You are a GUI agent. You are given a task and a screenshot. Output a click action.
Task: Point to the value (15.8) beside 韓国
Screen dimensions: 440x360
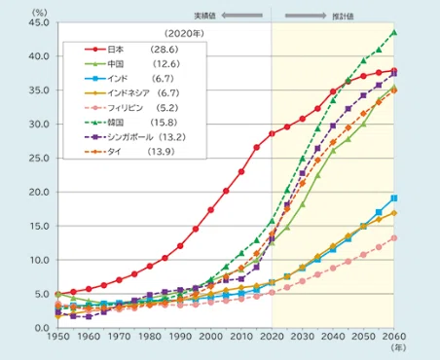[164, 123]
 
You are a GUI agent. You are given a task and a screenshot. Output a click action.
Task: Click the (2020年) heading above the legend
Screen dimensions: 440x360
[184, 33]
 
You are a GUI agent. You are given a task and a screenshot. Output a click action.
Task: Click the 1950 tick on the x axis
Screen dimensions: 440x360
[58, 337]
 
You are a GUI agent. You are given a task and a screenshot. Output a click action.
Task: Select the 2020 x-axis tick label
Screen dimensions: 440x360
[272, 337]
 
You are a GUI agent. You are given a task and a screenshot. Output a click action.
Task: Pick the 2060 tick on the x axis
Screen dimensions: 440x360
[394, 337]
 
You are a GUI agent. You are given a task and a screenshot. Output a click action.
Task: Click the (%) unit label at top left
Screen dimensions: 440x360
[40, 13]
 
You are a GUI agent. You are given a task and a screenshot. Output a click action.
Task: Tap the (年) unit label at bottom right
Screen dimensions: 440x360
[398, 347]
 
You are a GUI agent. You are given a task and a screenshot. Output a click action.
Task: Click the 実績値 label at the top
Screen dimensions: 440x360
[205, 16]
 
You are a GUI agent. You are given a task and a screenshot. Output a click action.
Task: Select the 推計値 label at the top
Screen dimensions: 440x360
[343, 16]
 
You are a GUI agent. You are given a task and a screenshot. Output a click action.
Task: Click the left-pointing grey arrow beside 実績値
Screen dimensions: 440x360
[242, 16]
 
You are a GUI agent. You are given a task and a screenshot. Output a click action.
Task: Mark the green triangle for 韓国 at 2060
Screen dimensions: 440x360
[394, 32]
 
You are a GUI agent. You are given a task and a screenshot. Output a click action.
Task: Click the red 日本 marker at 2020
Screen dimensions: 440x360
[272, 133]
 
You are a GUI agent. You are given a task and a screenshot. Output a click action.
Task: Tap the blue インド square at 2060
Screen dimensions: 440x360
[394, 198]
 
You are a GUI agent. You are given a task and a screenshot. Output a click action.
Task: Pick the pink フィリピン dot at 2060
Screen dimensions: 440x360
[394, 238]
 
